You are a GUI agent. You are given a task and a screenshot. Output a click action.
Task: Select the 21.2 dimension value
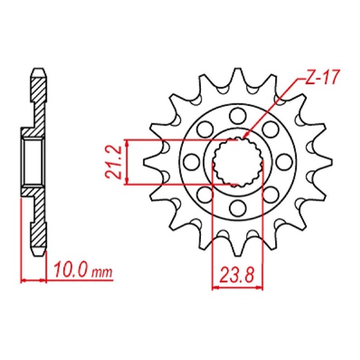pos(112,162)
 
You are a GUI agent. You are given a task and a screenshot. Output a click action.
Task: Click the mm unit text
pos(103,273)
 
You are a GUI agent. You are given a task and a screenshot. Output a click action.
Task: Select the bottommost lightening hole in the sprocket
pos(238,210)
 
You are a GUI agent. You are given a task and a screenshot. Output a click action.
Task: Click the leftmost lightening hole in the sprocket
pos(191,162)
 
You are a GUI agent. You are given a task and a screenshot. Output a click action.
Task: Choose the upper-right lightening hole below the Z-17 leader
pos(271,128)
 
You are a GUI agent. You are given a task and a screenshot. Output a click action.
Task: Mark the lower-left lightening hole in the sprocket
pos(204,196)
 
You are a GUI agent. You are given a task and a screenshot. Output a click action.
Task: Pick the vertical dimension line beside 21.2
pos(127,162)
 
